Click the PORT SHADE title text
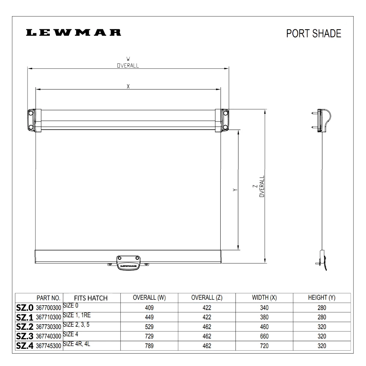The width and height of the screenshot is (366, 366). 314,33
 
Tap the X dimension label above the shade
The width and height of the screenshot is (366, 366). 128,86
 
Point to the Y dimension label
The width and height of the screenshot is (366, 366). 235,190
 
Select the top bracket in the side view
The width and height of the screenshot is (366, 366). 324,120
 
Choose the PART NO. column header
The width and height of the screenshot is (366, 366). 49,298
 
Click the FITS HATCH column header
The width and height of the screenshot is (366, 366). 91,298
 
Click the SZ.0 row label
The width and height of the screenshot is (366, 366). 25,308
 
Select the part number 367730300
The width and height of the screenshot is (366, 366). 49,327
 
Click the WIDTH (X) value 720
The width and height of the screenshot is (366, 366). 264,346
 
